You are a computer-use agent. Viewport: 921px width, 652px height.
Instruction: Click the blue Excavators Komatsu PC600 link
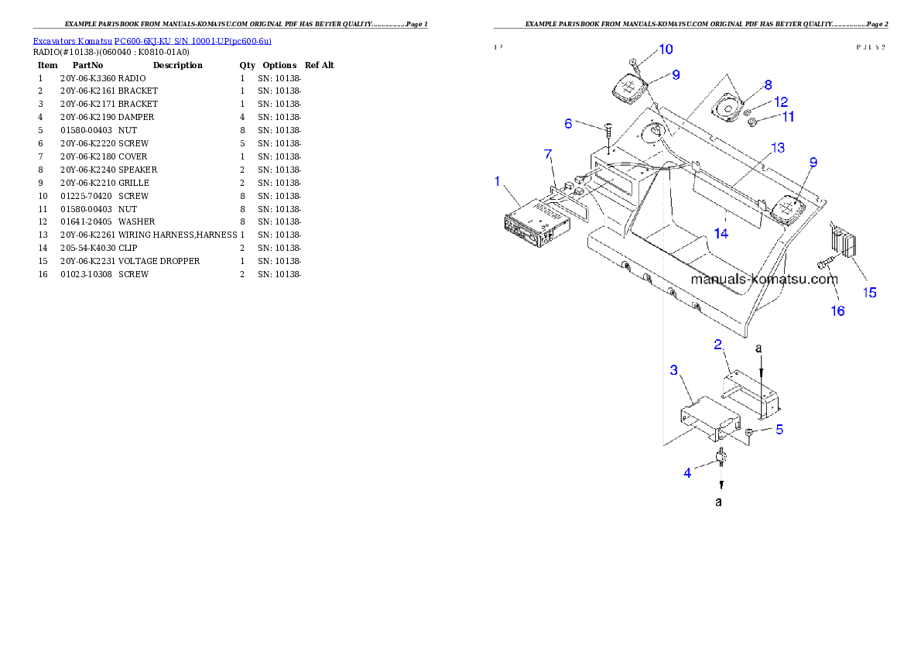pyautogui.click(x=152, y=41)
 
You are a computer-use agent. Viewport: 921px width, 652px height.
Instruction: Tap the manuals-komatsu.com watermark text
pyautogui.click(x=764, y=280)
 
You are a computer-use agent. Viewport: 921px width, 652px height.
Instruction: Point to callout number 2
pyautogui.click(x=718, y=344)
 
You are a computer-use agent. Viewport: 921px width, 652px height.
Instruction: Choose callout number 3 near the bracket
pyautogui.click(x=673, y=370)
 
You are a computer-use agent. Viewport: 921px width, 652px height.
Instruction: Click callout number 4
pyautogui.click(x=687, y=472)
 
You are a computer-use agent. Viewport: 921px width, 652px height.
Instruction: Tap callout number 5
pyautogui.click(x=779, y=429)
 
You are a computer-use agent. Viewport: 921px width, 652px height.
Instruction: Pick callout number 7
pyautogui.click(x=548, y=156)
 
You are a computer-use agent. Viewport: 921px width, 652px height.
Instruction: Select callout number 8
pyautogui.click(x=767, y=84)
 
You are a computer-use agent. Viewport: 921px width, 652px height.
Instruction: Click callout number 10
pyautogui.click(x=666, y=50)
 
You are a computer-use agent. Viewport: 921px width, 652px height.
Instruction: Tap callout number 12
pyautogui.click(x=781, y=101)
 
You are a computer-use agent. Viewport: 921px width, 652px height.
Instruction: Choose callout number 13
pyautogui.click(x=777, y=147)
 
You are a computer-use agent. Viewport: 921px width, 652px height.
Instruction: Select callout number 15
pyautogui.click(x=870, y=293)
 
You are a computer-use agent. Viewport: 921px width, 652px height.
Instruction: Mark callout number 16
pyautogui.click(x=837, y=311)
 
